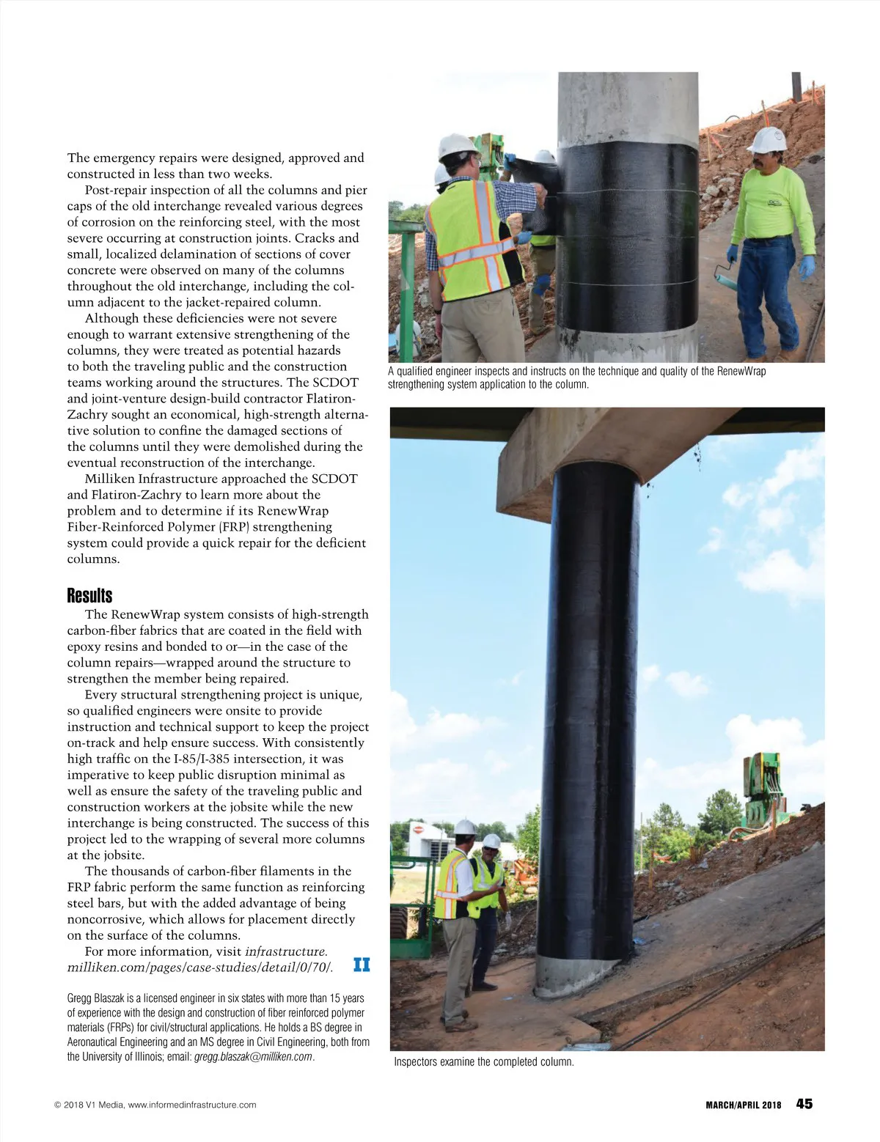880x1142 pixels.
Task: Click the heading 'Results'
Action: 89,595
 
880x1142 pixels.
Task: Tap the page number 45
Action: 804,1104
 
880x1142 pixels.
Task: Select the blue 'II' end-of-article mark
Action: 362,965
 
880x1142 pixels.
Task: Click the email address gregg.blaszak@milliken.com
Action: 253,1056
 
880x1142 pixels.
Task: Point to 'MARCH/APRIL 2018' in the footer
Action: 743,1105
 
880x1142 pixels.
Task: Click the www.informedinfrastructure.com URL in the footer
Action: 192,1105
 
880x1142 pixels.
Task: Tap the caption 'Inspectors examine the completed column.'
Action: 483,1061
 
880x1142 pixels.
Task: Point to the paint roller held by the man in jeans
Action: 722,275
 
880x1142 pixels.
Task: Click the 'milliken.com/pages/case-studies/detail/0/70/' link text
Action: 199,968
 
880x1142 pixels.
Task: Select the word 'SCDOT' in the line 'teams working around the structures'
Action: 335,383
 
